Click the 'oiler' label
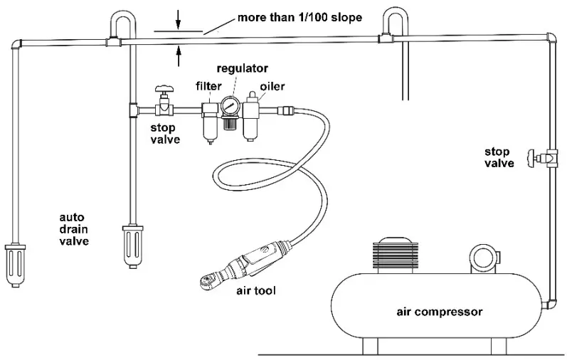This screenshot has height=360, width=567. click(x=272, y=86)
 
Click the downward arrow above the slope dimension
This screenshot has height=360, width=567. click(x=179, y=21)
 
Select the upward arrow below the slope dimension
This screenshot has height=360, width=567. click(x=179, y=51)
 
